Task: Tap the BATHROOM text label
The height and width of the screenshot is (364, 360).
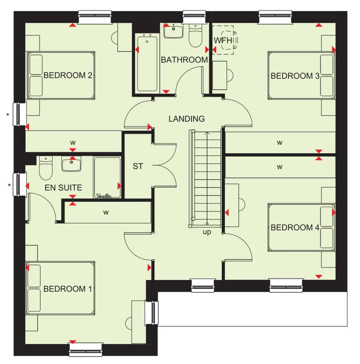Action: pos(184,60)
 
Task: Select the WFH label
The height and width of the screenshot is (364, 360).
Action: pos(223,40)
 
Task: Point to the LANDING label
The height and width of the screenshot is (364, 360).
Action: pos(187,119)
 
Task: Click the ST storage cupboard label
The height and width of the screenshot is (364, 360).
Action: pos(138,166)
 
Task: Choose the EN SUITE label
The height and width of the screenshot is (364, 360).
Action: pos(63,187)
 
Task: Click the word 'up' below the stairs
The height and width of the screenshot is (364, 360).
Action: pos(207,232)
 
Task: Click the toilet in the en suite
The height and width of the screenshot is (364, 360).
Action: pos(46,169)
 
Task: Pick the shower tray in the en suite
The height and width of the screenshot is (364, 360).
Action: pos(107,177)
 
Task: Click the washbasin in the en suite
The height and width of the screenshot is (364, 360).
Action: pos(72,164)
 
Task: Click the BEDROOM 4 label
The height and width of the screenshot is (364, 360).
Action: pos(295,228)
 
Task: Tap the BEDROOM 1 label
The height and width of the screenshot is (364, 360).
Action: pos(65,289)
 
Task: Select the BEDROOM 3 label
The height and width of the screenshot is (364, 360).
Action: pos(295,76)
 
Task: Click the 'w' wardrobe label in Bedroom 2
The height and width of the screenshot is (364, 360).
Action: pos(73,142)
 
